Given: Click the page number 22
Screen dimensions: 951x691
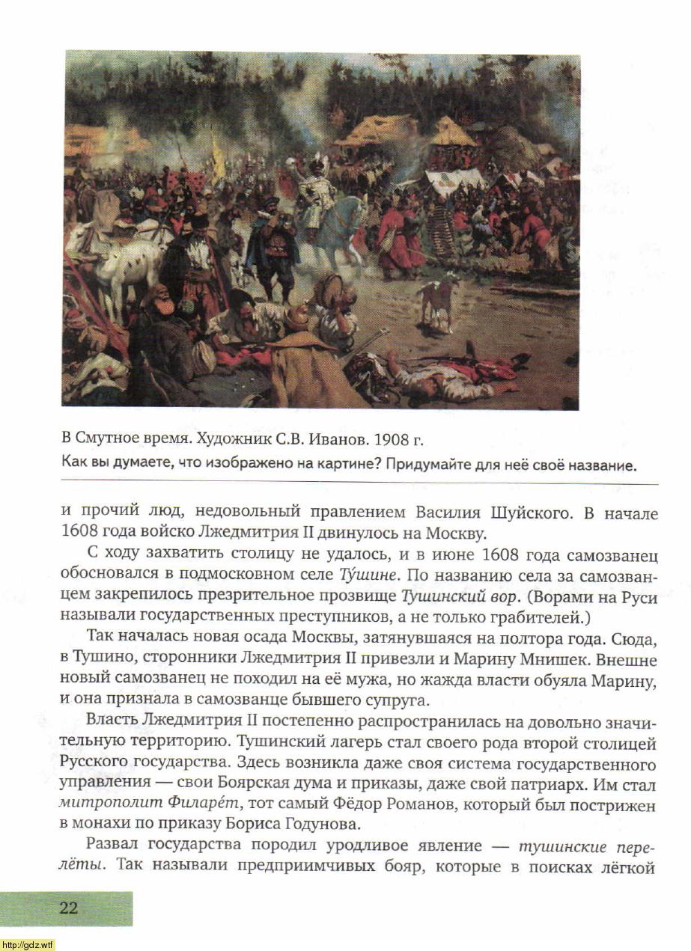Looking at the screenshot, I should click(69, 908).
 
